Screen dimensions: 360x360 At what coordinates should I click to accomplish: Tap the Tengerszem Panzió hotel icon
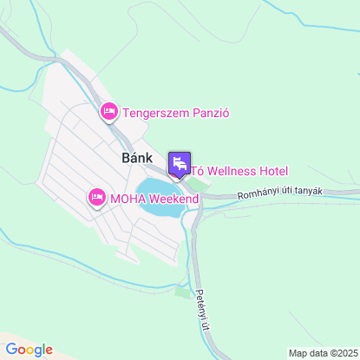[109, 112]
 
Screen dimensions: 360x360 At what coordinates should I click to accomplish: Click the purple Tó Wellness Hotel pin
[180, 163]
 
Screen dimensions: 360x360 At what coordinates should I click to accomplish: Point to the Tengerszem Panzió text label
[175, 112]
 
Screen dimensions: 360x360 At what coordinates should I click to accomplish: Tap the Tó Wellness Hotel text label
[239, 171]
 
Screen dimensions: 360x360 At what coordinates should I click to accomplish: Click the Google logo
[29, 349]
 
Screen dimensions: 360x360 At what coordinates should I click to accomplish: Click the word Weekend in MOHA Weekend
[173, 199]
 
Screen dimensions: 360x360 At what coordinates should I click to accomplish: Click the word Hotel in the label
[272, 171]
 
